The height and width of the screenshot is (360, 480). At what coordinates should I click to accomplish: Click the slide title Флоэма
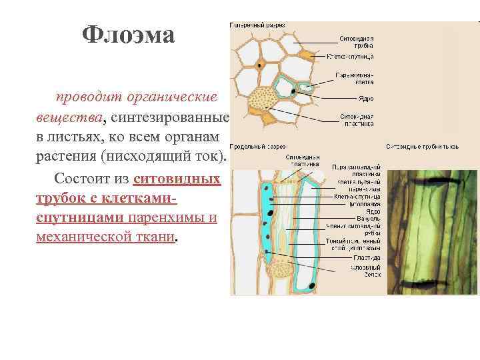point(128,35)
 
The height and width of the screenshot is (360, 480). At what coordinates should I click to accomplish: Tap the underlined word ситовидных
point(177,179)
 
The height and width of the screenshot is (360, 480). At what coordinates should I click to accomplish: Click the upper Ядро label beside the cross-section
point(366,98)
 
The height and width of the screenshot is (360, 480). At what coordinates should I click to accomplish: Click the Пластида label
point(368,257)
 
